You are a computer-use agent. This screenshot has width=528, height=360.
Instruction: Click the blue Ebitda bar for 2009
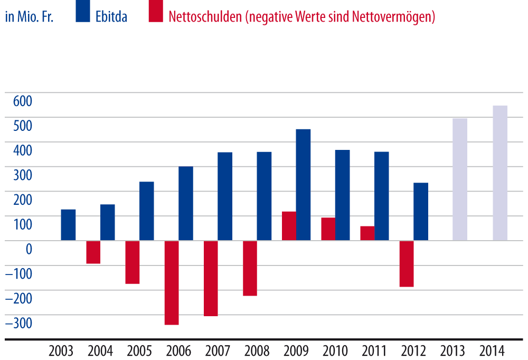click(x=303, y=185)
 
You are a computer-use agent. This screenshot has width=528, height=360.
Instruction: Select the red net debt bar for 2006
click(x=172, y=282)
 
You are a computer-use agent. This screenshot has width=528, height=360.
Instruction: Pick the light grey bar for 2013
click(x=460, y=179)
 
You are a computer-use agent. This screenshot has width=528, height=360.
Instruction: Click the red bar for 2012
click(x=407, y=263)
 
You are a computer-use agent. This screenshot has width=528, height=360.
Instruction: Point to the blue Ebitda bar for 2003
click(x=68, y=225)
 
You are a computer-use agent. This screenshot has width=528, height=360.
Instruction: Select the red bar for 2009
click(x=289, y=226)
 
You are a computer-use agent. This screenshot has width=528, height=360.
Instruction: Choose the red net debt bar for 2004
click(x=93, y=252)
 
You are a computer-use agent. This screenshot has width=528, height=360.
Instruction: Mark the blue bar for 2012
click(x=421, y=211)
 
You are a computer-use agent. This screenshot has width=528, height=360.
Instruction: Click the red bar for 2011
click(x=367, y=233)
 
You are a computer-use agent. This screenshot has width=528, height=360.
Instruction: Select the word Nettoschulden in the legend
click(x=204, y=16)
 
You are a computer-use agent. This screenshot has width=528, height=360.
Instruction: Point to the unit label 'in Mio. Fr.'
click(x=29, y=16)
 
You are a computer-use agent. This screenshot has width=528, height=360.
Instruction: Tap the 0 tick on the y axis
click(x=29, y=249)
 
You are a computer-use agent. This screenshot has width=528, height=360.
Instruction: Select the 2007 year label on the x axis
click(x=218, y=351)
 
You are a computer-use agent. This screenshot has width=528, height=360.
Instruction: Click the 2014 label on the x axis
click(x=492, y=351)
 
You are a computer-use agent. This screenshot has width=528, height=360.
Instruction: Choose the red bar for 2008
click(x=250, y=268)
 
